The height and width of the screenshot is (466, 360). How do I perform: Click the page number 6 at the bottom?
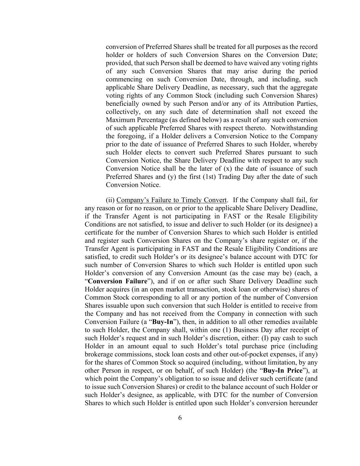click(180, 418)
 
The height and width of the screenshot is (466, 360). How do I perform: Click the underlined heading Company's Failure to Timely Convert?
click(171, 200)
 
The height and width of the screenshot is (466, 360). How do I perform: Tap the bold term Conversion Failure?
click(118, 281)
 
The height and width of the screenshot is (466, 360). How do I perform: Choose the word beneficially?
click(122, 104)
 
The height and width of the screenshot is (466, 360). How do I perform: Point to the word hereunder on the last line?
click(302, 403)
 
